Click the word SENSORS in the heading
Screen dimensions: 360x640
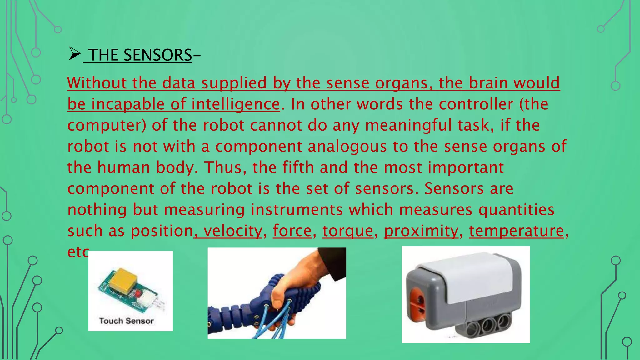pyautogui.click(x=157, y=55)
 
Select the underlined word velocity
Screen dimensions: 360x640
pyautogui.click(x=232, y=231)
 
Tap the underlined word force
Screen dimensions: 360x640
pyautogui.click(x=292, y=231)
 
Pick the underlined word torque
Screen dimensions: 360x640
pyautogui.click(x=348, y=231)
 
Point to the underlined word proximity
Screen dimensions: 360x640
pyautogui.click(x=421, y=231)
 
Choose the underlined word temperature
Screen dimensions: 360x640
pyautogui.click(x=517, y=231)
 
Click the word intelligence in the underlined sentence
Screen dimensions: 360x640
pyautogui.click(x=235, y=104)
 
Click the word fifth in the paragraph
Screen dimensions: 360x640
pyautogui.click(x=298, y=167)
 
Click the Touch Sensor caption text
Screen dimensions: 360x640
pyautogui.click(x=126, y=321)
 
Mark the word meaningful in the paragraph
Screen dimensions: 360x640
pyautogui.click(x=408, y=125)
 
